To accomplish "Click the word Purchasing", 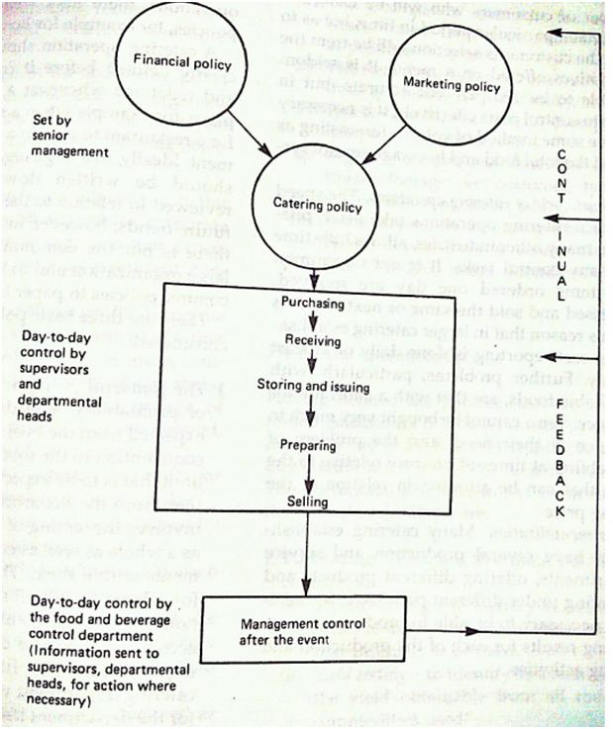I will pyautogui.click(x=307, y=305).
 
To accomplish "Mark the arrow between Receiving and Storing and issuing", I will pyautogui.click(x=310, y=362).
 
